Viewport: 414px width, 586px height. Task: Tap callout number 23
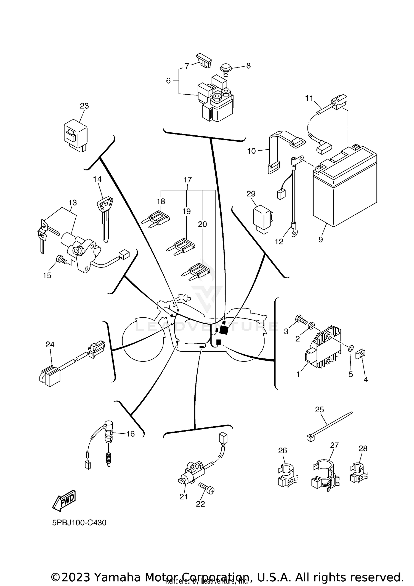click(84, 106)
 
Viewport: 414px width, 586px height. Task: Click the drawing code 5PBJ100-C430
click(79, 523)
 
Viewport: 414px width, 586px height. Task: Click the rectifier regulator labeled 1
click(323, 350)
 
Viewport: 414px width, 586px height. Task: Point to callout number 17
click(187, 180)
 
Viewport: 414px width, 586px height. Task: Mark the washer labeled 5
click(350, 348)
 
